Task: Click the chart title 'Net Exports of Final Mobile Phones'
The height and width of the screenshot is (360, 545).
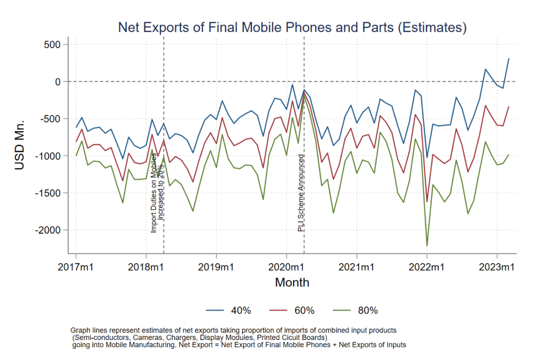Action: tap(292, 27)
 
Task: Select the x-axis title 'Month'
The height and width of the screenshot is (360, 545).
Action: tap(292, 282)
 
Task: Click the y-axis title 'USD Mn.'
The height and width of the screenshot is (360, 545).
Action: tap(20, 145)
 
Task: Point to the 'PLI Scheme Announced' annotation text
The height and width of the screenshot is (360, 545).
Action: tap(301, 193)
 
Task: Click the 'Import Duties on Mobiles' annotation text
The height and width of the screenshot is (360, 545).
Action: tap(154, 193)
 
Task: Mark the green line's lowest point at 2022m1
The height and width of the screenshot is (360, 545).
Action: tap(427, 246)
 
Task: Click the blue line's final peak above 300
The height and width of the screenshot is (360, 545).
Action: tap(509, 59)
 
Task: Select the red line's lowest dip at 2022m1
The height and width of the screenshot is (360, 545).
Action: tap(427, 201)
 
